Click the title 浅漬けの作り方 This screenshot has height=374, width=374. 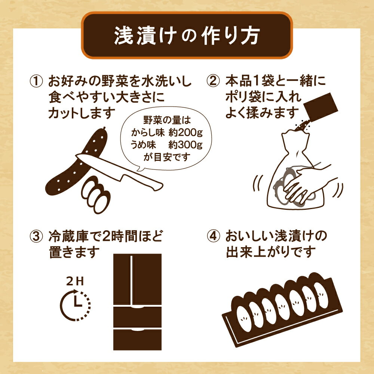187,36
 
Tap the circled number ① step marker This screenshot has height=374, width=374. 36,81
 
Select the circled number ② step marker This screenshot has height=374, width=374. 213,81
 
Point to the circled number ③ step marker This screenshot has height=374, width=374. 36,236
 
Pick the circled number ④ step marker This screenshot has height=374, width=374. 213,236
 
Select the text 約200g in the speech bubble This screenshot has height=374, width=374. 186,132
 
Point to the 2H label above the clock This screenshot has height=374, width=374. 75,282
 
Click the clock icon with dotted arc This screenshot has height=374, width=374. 75,305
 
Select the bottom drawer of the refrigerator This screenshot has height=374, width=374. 137,340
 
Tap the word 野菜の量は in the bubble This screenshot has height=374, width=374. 167,120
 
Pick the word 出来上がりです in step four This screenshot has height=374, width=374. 271,252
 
